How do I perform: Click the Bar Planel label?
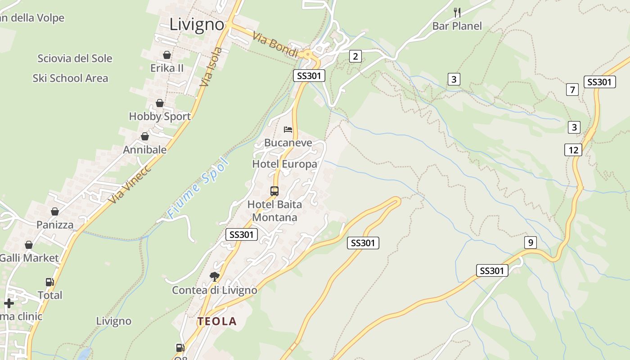pyautogui.click(x=457, y=26)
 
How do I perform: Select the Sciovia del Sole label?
pyautogui.click(x=75, y=58)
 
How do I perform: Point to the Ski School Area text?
pyautogui.click(x=70, y=78)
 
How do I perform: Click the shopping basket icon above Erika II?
pyautogui.click(x=167, y=55)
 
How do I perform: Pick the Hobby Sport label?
pyautogui.click(x=160, y=117)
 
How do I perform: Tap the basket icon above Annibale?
pyautogui.click(x=145, y=136)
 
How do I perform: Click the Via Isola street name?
pyautogui.click(x=211, y=67)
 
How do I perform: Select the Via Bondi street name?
pyautogui.click(x=275, y=45)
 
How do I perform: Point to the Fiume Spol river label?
pyautogui.click(x=198, y=188)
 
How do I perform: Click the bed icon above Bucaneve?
pyautogui.click(x=288, y=130)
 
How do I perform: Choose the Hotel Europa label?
pyautogui.click(x=284, y=164)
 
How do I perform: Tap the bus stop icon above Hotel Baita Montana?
pyautogui.click(x=274, y=191)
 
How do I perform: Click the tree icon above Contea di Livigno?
pyautogui.click(x=215, y=276)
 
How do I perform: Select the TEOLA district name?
pyautogui.click(x=217, y=321)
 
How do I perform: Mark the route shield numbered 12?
pyautogui.click(x=573, y=150)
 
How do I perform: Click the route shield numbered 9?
pyautogui.click(x=531, y=243)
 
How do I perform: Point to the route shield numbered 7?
pyautogui.click(x=572, y=90)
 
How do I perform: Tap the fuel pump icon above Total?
pyautogui.click(x=49, y=282)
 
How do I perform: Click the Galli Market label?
pyautogui.click(x=29, y=258)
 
